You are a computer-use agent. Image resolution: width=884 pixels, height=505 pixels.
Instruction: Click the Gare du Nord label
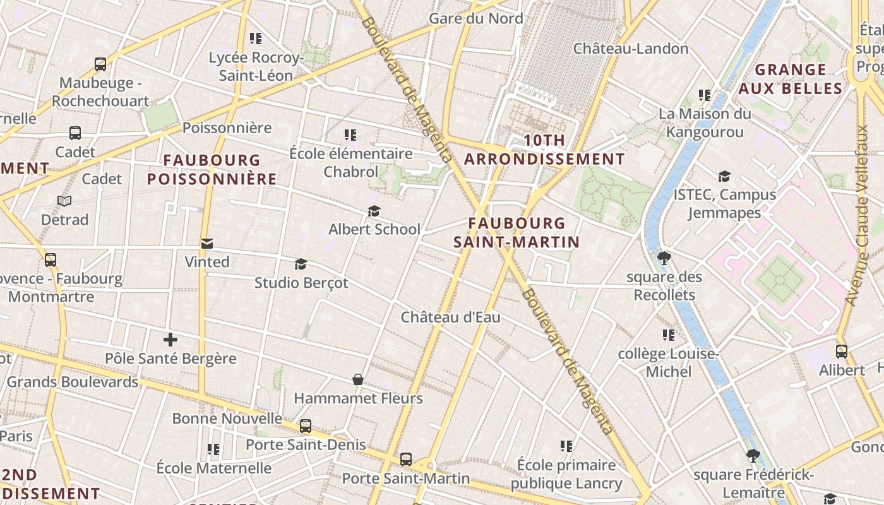pyautogui.click(x=476, y=18)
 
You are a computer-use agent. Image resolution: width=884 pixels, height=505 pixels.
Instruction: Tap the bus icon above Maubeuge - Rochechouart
pyautogui.click(x=100, y=64)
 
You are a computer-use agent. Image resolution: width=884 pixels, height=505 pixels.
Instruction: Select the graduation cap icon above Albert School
pyautogui.click(x=374, y=211)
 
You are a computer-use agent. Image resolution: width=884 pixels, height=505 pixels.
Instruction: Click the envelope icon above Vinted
pyautogui.click(x=206, y=244)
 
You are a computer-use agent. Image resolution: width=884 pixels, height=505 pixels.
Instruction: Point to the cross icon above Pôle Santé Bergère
pyautogui.click(x=170, y=340)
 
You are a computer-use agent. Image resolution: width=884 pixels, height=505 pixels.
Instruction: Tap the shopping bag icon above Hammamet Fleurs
pyautogui.click(x=358, y=379)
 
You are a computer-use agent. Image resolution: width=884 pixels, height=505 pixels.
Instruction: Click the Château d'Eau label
pyautogui.click(x=450, y=317)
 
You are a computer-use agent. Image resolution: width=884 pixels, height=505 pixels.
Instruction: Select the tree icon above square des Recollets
pyautogui.click(x=664, y=258)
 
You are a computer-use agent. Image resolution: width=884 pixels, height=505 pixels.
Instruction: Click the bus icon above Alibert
pyautogui.click(x=841, y=351)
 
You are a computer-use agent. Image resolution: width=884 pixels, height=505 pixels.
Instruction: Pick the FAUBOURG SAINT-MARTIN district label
pyautogui.click(x=517, y=232)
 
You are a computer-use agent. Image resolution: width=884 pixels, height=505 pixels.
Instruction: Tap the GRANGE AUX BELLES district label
pyautogui.click(x=791, y=79)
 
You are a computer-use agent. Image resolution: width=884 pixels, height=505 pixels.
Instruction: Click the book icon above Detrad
pyautogui.click(x=64, y=201)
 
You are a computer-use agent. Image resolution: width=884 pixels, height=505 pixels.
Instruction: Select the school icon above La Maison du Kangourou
pyautogui.click(x=705, y=95)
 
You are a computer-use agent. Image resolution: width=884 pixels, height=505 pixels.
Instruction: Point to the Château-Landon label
pyautogui.click(x=631, y=49)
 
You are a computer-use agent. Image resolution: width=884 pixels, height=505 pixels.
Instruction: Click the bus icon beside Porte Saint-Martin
pyautogui.click(x=406, y=460)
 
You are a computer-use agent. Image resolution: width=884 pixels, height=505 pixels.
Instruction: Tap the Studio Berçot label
pyautogui.click(x=301, y=283)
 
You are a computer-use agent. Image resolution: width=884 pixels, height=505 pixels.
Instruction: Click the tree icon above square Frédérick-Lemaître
pyautogui.click(x=753, y=455)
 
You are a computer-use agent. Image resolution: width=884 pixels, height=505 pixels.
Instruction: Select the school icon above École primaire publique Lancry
pyautogui.click(x=566, y=446)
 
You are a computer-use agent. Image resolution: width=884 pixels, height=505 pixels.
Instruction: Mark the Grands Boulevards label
pyautogui.click(x=72, y=382)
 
